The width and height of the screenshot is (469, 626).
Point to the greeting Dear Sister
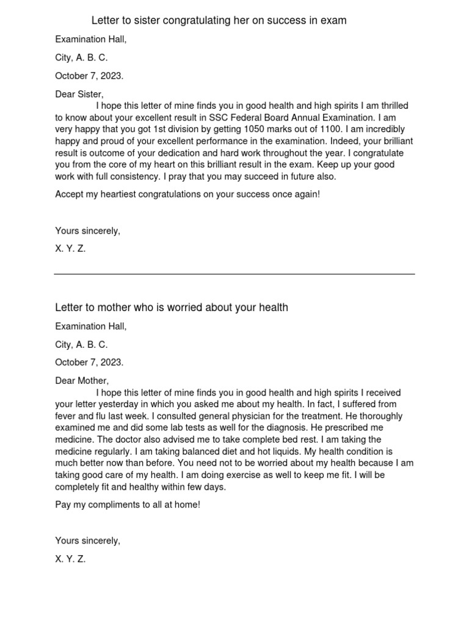(x=79, y=95)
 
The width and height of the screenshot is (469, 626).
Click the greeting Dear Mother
(x=82, y=381)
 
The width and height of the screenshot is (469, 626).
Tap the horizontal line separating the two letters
(x=234, y=274)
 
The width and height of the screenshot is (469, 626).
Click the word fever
(x=66, y=416)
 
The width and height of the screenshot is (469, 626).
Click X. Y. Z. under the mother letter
(x=70, y=559)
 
